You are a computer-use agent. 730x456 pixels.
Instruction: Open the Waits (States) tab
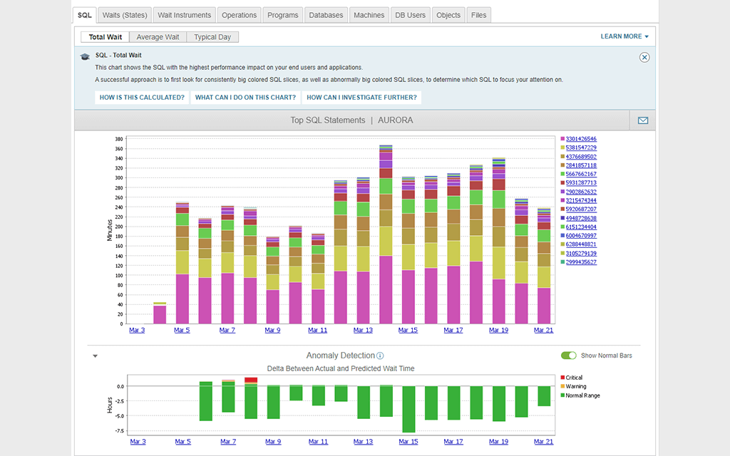pos(124,15)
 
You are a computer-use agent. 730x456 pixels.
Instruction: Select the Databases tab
pos(325,15)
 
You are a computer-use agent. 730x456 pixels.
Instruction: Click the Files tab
pos(479,15)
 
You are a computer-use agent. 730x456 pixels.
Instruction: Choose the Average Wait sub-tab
pos(158,37)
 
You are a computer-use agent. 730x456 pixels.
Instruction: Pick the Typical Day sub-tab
pos(213,37)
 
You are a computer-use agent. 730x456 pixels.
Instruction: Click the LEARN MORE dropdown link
pos(624,36)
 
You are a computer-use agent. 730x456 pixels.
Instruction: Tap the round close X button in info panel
pos(644,57)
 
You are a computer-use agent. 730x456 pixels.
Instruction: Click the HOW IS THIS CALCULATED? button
pos(142,98)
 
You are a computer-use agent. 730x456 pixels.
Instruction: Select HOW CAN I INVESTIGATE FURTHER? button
pos(361,98)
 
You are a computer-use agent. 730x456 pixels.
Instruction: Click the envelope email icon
pos(643,120)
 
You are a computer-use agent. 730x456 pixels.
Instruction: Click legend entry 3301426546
pos(581,139)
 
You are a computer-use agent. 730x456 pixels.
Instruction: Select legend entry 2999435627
pos(581,262)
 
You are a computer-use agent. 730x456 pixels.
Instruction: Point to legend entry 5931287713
pos(581,183)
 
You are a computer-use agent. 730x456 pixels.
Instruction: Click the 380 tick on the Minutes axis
pos(119,139)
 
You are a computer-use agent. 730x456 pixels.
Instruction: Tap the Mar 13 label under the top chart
pos(363,330)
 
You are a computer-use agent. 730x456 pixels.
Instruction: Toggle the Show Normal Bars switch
pos(569,356)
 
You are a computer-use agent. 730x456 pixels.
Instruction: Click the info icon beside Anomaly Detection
pos(381,356)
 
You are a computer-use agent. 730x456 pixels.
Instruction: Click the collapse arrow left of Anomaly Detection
pos(95,356)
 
